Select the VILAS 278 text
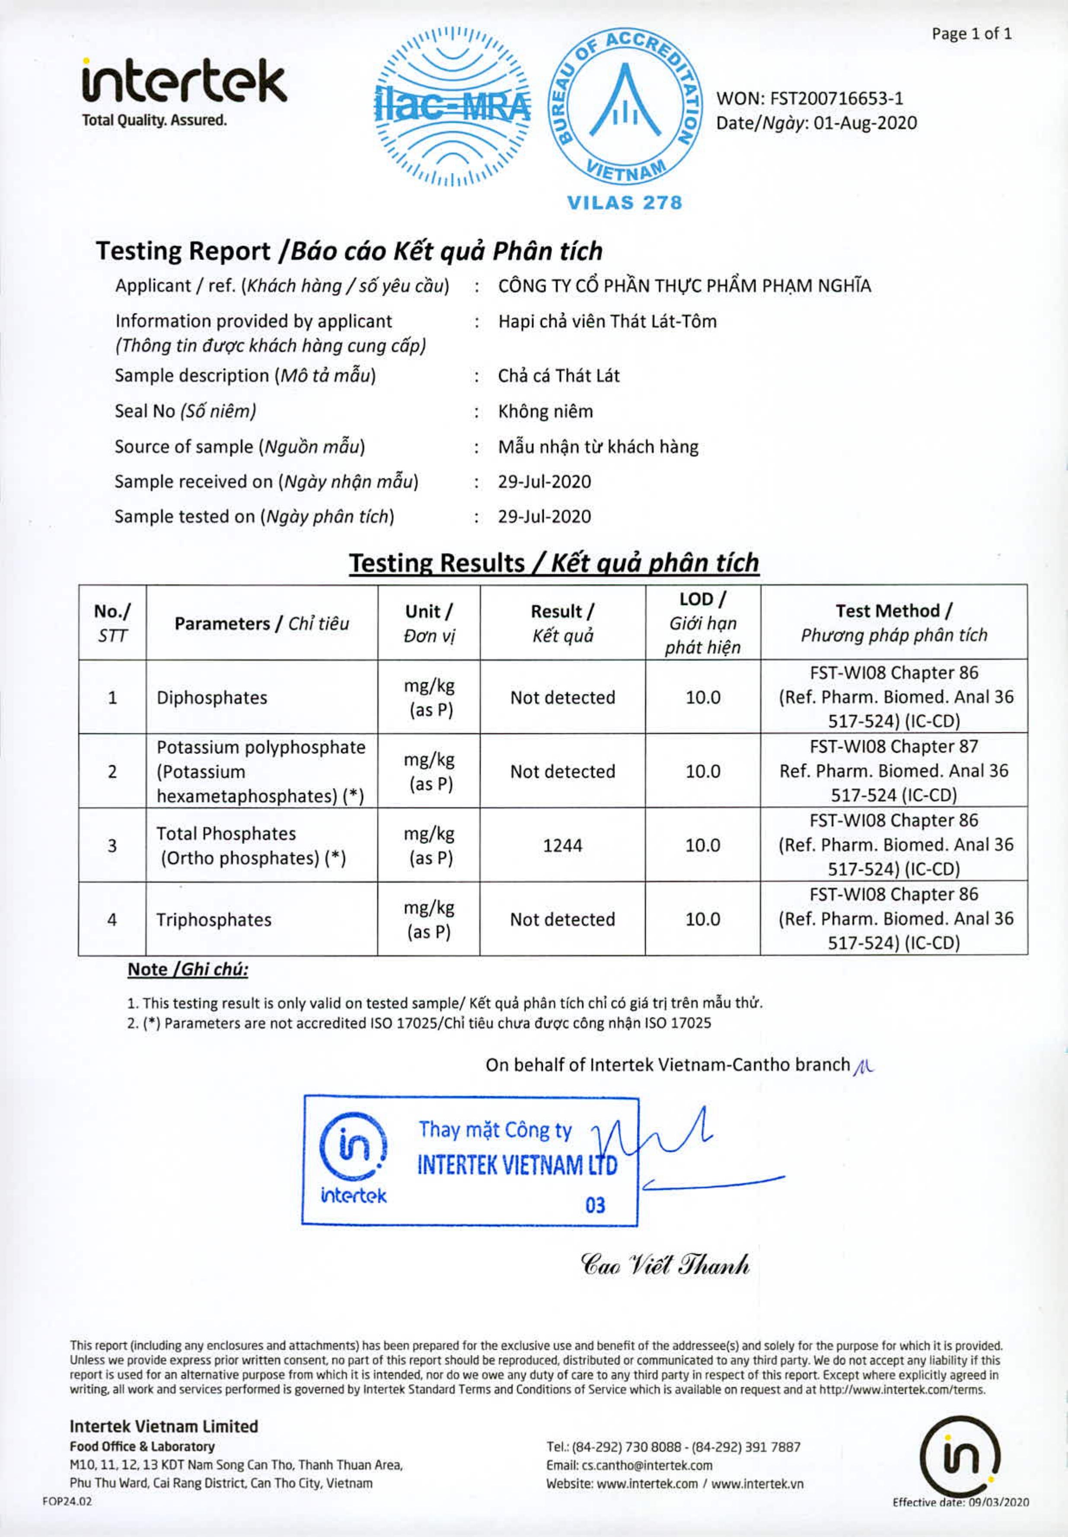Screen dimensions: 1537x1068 (625, 203)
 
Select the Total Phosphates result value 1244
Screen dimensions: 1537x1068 (562, 846)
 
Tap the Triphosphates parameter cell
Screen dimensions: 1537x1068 (214, 920)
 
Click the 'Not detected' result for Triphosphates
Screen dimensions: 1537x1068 (562, 920)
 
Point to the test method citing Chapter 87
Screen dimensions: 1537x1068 (893, 771)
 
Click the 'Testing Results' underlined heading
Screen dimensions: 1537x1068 (554, 563)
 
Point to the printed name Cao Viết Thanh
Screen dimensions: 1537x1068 (665, 1265)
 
